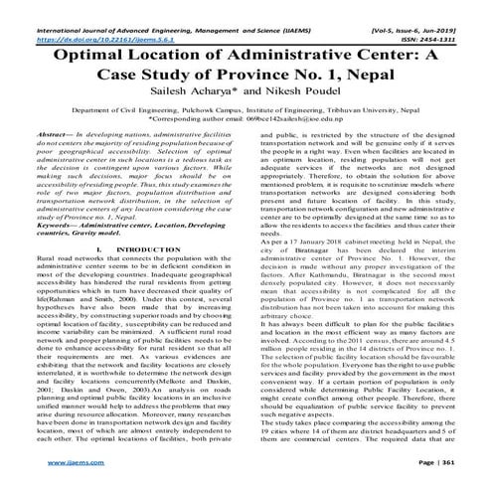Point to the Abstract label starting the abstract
click(x=54, y=146)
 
